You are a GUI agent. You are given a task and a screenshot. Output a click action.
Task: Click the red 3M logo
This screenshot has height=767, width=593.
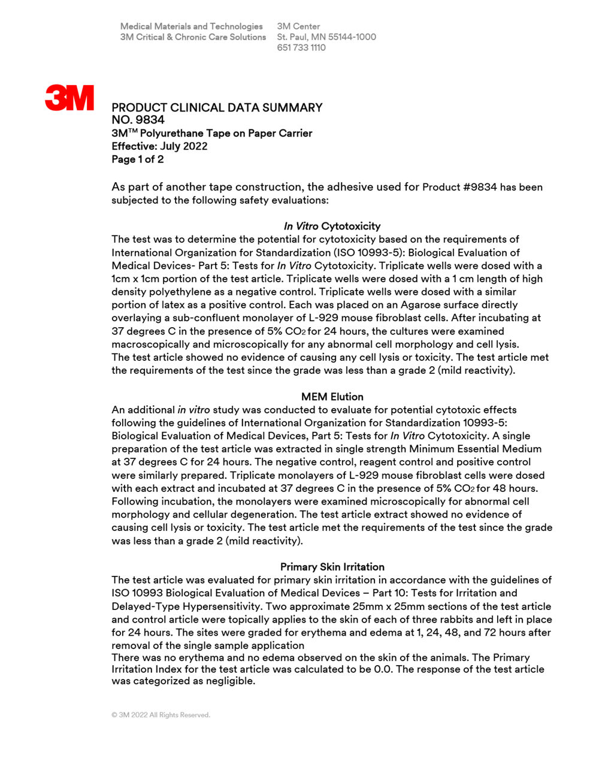click(x=69, y=98)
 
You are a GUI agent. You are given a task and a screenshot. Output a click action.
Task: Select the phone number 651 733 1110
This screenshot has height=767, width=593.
click(x=301, y=48)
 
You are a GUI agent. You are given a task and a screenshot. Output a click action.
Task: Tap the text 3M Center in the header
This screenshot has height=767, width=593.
click(x=298, y=26)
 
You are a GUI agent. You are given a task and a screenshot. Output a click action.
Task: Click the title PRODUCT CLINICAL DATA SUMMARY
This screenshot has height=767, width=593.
click(x=217, y=108)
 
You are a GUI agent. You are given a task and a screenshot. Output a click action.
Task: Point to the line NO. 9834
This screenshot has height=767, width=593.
click(x=138, y=120)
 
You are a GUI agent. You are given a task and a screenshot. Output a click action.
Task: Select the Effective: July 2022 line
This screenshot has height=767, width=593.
click(x=159, y=146)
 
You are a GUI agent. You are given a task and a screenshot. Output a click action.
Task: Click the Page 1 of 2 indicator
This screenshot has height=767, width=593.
click(x=137, y=159)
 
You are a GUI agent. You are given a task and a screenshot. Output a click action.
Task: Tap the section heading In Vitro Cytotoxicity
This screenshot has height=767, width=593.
click(x=332, y=226)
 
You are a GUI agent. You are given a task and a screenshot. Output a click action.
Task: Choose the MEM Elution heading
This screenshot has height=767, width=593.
click(x=332, y=397)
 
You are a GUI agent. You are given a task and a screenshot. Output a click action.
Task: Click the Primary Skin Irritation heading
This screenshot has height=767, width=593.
click(x=332, y=567)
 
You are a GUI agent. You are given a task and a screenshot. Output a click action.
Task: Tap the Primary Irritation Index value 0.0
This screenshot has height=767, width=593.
click(x=383, y=669)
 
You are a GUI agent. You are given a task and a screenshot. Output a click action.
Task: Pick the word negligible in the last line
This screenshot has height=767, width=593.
click(x=228, y=681)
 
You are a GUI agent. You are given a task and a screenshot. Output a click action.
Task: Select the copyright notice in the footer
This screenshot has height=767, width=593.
click(x=161, y=715)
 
